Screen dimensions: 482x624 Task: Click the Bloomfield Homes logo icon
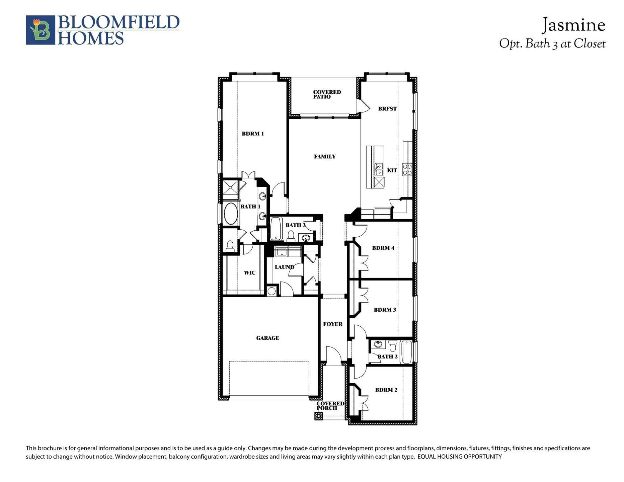click(41, 30)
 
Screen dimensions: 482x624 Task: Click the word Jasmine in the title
click(573, 25)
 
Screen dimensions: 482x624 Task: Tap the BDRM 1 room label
click(253, 134)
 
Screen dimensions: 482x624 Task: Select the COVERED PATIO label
click(327, 94)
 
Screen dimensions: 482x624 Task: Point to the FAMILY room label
click(325, 157)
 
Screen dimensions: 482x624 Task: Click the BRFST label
click(387, 109)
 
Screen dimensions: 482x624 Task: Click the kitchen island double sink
click(379, 170)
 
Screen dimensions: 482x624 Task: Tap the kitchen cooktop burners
click(407, 169)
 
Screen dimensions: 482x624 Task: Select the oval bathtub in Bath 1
click(230, 214)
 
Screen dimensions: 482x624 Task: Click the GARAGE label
click(267, 338)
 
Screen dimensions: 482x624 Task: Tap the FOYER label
click(332, 324)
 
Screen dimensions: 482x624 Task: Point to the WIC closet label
click(249, 273)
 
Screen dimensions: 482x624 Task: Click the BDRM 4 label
click(383, 248)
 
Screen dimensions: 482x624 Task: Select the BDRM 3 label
click(385, 310)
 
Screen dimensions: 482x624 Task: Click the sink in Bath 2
click(378, 344)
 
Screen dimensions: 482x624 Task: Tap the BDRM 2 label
click(386, 390)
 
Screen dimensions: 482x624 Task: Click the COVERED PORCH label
click(330, 406)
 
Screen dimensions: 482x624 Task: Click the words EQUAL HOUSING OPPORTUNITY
click(459, 457)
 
